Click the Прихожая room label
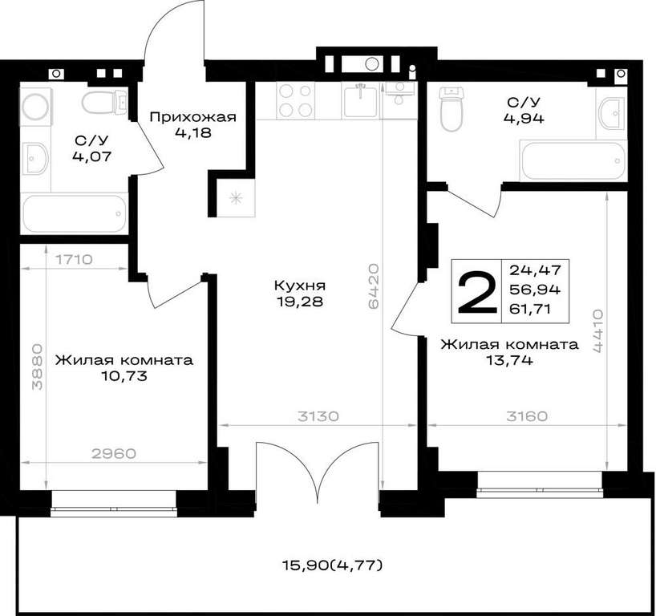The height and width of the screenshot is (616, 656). pyautogui.click(x=192, y=117)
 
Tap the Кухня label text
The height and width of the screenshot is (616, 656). pyautogui.click(x=300, y=286)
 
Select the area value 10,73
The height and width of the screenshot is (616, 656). pyautogui.click(x=124, y=376)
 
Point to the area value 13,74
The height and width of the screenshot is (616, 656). pyautogui.click(x=509, y=360)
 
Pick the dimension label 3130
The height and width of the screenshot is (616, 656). pyautogui.click(x=318, y=416)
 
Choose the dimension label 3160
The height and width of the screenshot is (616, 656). pyautogui.click(x=527, y=416)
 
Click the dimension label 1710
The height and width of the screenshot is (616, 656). pyautogui.click(x=74, y=260)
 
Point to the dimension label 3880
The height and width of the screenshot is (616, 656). pyautogui.click(x=37, y=367)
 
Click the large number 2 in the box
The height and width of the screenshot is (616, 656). pyautogui.click(x=477, y=292)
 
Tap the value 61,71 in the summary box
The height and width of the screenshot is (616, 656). pyautogui.click(x=529, y=310)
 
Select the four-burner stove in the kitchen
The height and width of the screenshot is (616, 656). pyautogui.click(x=295, y=100)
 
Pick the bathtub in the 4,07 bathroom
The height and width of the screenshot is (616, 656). pyautogui.click(x=75, y=213)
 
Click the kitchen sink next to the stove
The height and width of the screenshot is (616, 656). pyautogui.click(x=360, y=99)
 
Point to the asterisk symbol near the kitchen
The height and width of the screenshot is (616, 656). pyautogui.click(x=236, y=197)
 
